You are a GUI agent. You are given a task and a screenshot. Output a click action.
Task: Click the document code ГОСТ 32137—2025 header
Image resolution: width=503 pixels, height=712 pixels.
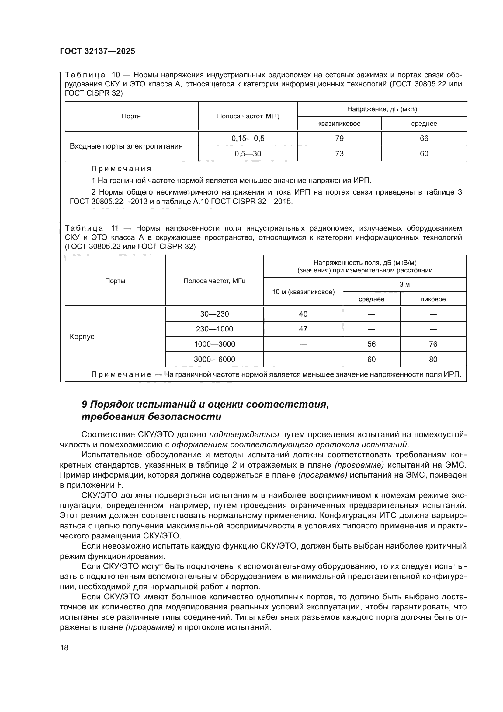pos(97,51)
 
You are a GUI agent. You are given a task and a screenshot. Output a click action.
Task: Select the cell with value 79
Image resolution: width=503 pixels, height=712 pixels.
pos(339,138)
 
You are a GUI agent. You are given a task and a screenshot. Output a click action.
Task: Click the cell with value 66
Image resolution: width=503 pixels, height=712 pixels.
pos(424,138)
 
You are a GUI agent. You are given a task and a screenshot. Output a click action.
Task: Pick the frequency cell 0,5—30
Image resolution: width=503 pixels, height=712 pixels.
pos(248,153)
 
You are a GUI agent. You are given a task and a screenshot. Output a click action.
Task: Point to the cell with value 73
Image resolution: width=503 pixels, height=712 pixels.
pos(339,153)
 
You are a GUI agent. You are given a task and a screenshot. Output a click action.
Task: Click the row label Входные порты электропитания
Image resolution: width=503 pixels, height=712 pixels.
pos(126,146)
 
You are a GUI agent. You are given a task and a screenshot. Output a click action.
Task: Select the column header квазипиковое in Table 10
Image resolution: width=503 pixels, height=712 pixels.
pos(339,123)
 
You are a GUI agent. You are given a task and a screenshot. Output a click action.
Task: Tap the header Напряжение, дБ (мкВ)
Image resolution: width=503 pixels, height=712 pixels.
pos(382,109)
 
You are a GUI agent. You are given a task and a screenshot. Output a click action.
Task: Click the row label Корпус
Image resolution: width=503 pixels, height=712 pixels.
pos(82,336)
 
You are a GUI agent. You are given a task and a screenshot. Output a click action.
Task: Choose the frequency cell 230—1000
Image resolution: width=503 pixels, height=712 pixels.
pos(214,329)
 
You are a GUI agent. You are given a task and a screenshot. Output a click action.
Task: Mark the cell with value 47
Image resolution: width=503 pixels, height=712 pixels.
pos(303,329)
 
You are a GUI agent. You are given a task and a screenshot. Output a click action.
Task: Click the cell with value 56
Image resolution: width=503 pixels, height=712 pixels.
pos(371,344)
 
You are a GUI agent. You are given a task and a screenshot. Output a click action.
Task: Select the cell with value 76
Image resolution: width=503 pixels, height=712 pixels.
pos(433,344)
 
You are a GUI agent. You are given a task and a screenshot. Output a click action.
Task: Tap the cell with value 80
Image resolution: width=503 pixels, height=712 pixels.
pos(433,359)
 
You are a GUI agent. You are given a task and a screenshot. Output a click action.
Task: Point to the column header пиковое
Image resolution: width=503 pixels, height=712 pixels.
pos(433,299)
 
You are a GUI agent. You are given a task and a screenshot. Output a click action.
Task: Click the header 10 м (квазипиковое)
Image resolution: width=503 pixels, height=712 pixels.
pos(303,292)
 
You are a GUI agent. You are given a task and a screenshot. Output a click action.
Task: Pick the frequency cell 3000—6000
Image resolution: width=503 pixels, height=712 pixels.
pos(214,359)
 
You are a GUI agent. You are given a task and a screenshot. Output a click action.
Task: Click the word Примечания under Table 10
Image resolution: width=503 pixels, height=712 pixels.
pos(121,169)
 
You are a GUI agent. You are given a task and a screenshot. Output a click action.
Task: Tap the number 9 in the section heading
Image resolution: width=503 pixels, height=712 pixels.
pos(84,404)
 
